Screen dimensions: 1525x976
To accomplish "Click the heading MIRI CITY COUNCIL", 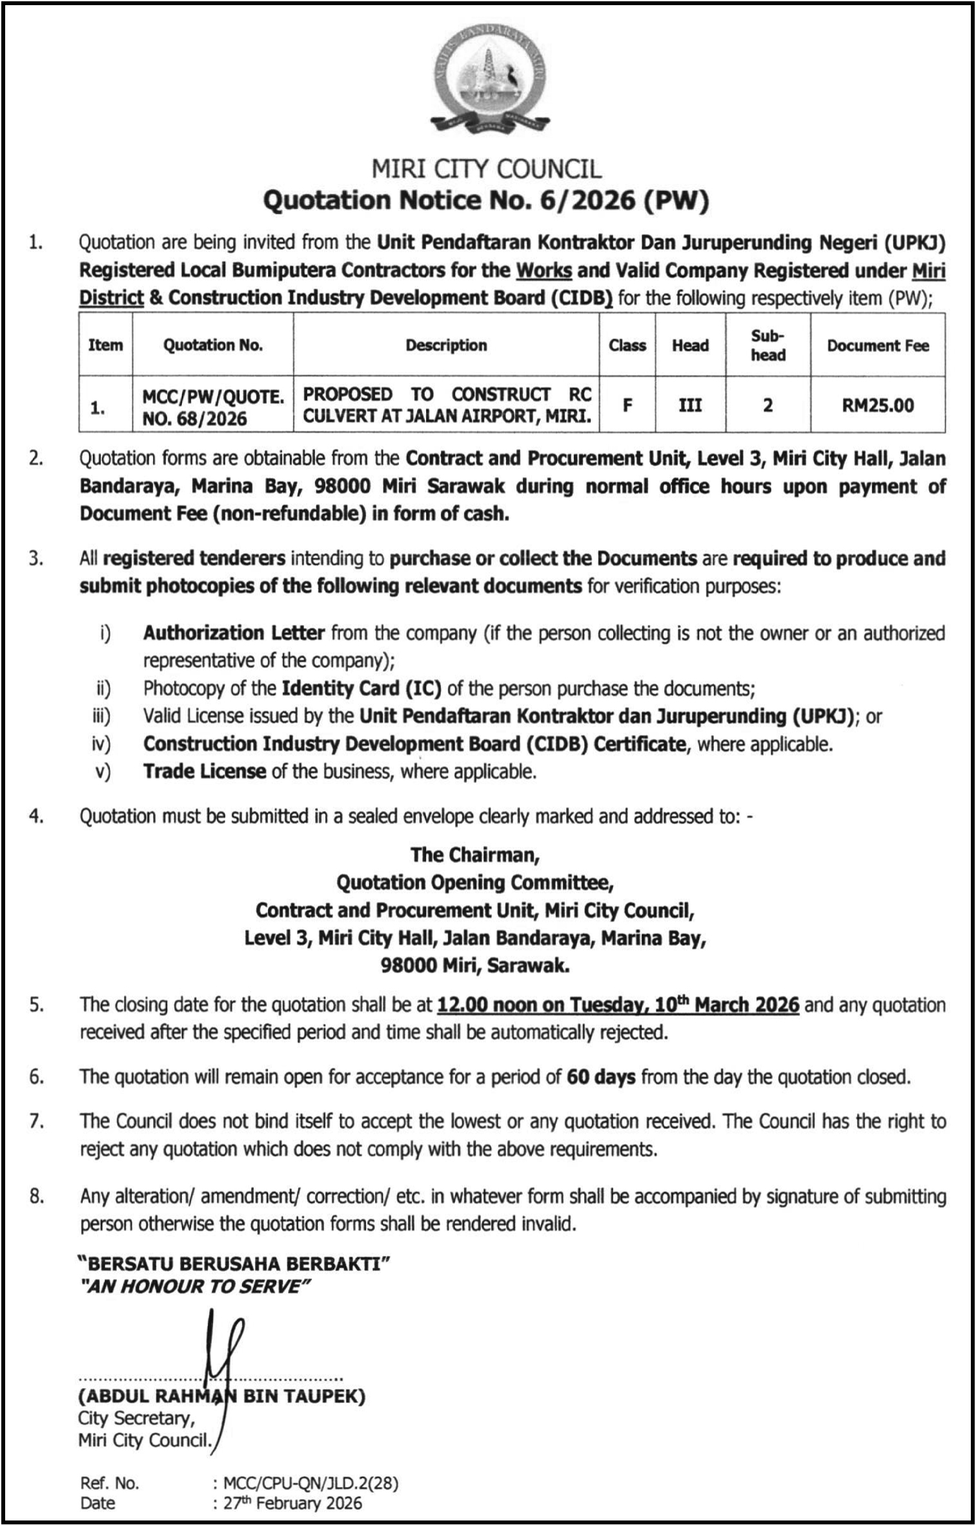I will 487,169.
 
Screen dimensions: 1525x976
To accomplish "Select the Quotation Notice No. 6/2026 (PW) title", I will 486,201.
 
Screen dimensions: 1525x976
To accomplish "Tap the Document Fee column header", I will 878,345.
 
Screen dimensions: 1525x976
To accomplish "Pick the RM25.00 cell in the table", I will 878,405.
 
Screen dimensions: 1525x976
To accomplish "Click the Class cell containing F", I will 627,405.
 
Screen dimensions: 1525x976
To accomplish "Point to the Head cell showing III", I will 690,405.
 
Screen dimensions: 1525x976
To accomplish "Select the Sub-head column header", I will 768,345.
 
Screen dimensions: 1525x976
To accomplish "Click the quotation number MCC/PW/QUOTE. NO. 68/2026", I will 213,407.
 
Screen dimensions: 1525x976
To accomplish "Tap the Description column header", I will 446,345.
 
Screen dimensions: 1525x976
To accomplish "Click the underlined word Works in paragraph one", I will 544,271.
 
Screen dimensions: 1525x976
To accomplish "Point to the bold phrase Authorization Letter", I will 234,633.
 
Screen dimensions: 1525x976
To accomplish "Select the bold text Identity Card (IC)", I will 361,689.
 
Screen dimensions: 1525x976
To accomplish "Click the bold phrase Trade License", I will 205,772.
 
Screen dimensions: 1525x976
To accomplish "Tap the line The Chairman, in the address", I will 475,855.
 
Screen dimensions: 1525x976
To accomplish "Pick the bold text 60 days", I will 601,1077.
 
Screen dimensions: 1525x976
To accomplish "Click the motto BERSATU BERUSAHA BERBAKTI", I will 234,1264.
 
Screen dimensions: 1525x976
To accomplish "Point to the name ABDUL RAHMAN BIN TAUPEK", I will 221,1397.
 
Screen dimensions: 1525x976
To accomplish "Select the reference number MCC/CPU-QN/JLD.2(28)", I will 310,1484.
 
